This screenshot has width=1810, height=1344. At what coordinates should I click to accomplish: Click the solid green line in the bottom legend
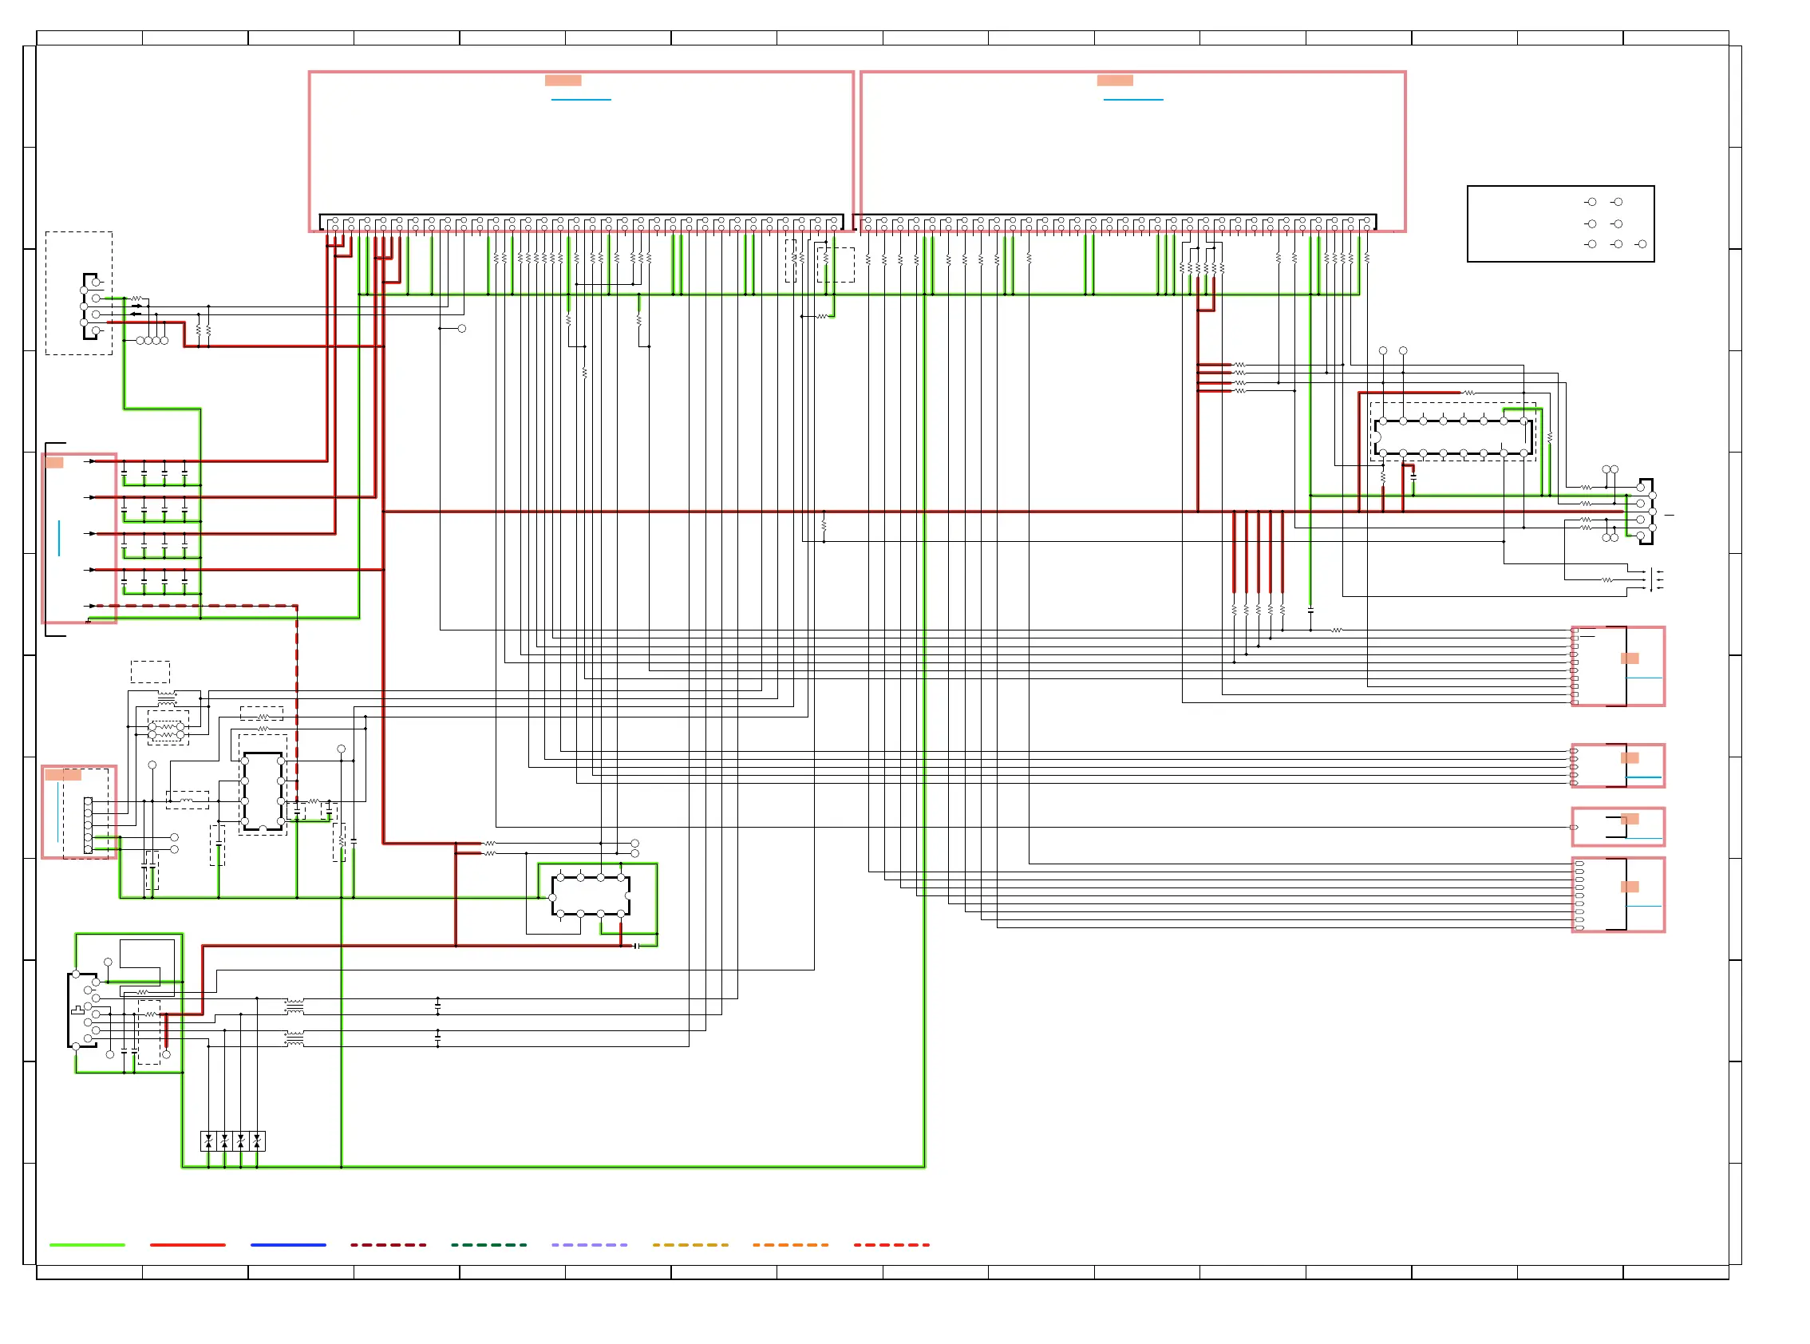tap(87, 1245)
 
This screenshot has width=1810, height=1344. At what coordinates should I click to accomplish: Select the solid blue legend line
tap(288, 1245)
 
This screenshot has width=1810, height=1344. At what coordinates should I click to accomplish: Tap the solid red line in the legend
tap(187, 1245)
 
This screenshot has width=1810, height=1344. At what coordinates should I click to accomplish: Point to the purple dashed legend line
tap(589, 1245)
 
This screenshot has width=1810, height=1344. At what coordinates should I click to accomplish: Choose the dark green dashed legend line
tap(489, 1245)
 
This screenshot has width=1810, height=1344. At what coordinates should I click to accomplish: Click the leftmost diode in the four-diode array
tap(208, 1141)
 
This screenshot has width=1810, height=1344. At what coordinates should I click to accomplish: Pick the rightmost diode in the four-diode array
tap(257, 1141)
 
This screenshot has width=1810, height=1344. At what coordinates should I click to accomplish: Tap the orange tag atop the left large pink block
tap(563, 81)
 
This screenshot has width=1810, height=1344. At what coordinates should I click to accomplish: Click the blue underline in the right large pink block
tap(1133, 100)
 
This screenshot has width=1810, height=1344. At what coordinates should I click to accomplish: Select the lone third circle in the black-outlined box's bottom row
tap(1642, 244)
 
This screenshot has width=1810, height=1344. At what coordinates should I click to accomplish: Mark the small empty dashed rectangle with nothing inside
tap(151, 672)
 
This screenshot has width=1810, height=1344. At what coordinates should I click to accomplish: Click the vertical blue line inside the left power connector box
tap(59, 539)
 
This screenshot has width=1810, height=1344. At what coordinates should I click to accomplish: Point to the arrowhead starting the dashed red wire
tap(93, 606)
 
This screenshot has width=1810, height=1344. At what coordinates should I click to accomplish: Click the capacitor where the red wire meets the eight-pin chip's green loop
tap(636, 947)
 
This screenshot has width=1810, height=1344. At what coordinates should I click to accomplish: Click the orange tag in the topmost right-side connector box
tap(1630, 659)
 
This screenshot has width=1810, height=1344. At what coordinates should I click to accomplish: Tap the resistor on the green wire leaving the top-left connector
tap(136, 298)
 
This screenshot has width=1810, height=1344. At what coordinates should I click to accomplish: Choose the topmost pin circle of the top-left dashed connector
tap(96, 283)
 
